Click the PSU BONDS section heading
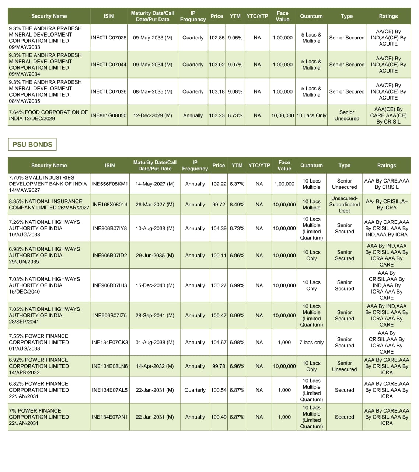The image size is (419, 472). (32, 145)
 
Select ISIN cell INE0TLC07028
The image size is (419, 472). (109, 38)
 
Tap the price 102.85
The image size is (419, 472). (217, 38)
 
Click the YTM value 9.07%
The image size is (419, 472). (235, 65)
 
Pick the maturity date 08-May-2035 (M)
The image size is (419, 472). (153, 91)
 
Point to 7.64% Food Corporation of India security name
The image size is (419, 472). (48, 115)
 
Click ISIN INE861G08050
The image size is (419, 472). (109, 115)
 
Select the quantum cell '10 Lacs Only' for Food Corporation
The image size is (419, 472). (311, 115)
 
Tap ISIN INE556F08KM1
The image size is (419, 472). (110, 184)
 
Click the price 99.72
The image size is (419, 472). (219, 205)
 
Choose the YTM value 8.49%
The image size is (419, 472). (237, 205)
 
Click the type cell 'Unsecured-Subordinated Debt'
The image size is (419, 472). (344, 205)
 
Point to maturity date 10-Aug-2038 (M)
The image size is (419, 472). (155, 229)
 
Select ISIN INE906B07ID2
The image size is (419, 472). (110, 256)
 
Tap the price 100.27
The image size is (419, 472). (219, 285)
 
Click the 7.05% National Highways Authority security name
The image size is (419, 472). (44, 315)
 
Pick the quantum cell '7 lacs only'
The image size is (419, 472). (311, 343)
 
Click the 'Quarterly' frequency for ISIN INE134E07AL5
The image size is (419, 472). (195, 390)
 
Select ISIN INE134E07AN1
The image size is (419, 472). (110, 417)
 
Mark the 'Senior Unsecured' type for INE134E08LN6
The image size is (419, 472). (344, 366)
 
